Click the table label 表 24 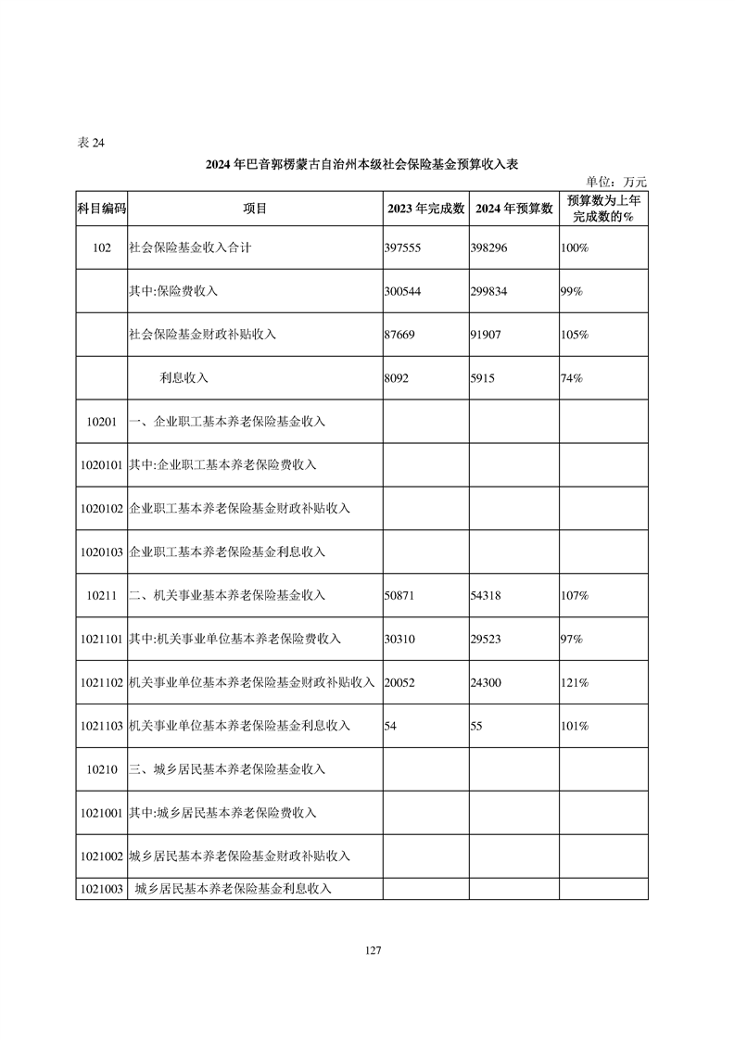click(92, 143)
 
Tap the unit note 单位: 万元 click(616, 182)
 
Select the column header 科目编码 click(101, 209)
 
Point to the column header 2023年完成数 click(425, 209)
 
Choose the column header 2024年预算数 click(514, 209)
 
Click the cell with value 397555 click(402, 248)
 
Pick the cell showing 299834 click(490, 291)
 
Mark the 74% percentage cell click(571, 378)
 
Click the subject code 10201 click(101, 422)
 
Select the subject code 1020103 click(101, 552)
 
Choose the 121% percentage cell click(574, 682)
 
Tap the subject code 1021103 click(101, 726)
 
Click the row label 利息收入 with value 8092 click(184, 378)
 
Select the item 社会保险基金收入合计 click(190, 248)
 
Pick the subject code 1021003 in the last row click(101, 889)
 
